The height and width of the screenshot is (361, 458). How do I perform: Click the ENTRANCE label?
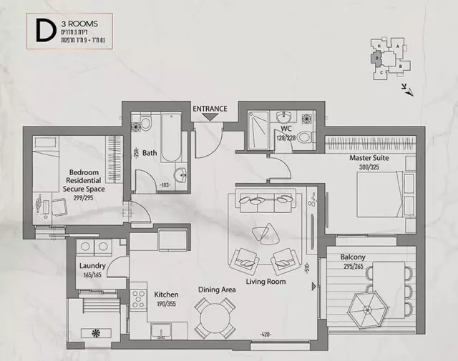click(x=210, y=109)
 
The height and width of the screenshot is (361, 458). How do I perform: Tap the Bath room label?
click(x=150, y=152)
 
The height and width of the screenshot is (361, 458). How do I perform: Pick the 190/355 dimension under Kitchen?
click(x=166, y=303)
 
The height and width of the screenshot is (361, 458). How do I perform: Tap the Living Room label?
click(x=265, y=282)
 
